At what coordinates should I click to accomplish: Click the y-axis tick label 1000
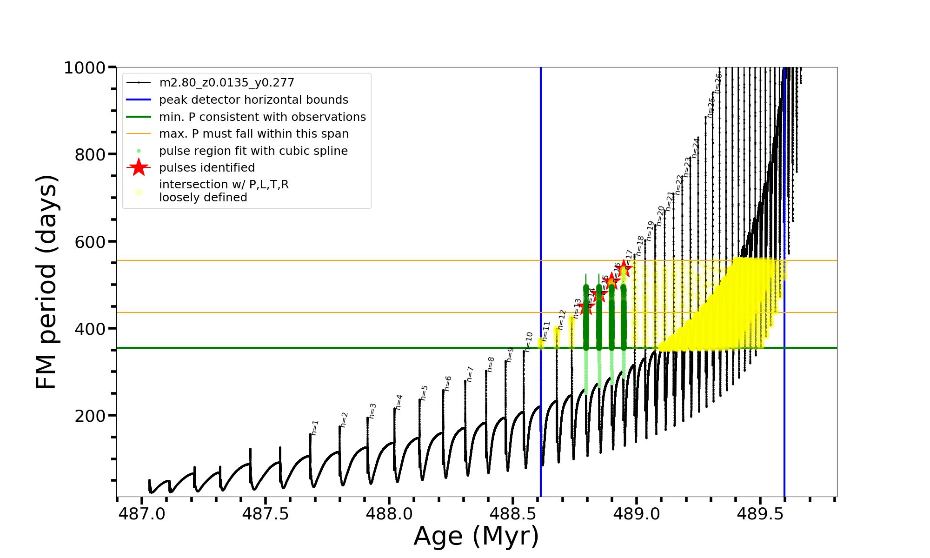pyautogui.click(x=85, y=68)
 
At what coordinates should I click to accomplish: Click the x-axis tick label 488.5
pyautogui.click(x=512, y=514)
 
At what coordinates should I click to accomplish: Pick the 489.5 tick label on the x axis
pyautogui.click(x=760, y=514)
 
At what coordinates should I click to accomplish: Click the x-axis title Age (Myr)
pyautogui.click(x=476, y=536)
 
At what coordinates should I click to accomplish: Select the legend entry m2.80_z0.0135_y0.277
pyautogui.click(x=226, y=83)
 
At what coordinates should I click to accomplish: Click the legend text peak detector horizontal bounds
pyautogui.click(x=253, y=100)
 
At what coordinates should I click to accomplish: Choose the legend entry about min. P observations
pyautogui.click(x=262, y=117)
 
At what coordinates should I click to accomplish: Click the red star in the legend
pyautogui.click(x=139, y=167)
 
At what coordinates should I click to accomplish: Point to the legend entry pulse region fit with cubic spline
pyautogui.click(x=253, y=151)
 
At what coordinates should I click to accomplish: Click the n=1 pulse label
pyautogui.click(x=315, y=428)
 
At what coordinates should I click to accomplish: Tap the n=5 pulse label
pyautogui.click(x=424, y=393)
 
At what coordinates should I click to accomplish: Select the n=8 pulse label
pyautogui.click(x=491, y=365)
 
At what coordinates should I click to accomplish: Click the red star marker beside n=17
pyautogui.click(x=624, y=268)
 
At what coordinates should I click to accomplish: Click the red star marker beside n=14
pyautogui.click(x=585, y=307)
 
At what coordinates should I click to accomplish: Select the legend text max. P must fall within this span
pyautogui.click(x=253, y=134)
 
